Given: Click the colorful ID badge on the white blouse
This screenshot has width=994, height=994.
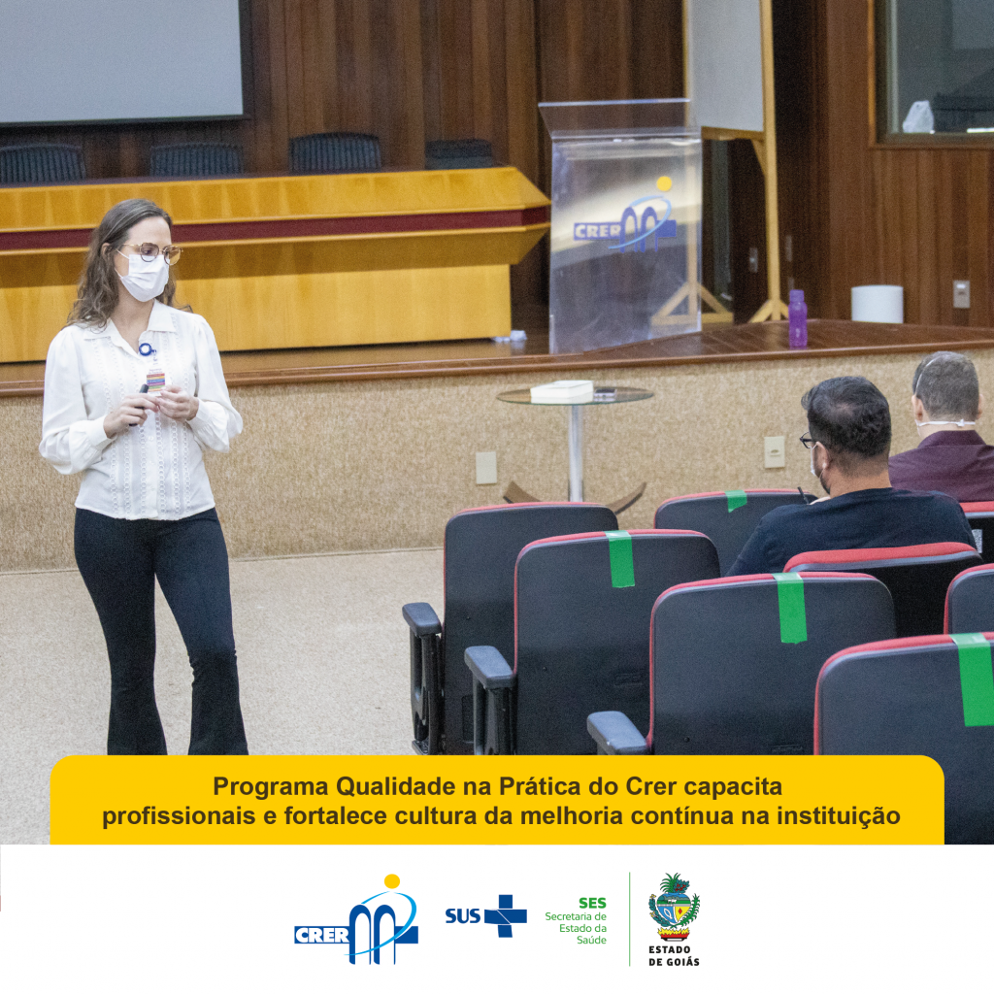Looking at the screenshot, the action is point(155,381).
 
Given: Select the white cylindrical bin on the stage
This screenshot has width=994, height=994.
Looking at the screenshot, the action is point(877,304).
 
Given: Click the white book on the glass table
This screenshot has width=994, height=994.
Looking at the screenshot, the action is point(562,391).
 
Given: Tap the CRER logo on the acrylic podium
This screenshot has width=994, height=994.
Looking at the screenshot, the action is point(624,219).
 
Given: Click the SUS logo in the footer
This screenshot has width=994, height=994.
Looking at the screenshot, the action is point(485,915).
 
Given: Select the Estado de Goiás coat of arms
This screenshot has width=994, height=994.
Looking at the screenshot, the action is point(674,907).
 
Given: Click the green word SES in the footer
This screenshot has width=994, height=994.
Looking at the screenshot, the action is point(592,903).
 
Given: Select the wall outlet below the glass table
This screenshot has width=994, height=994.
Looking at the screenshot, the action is point(486,468).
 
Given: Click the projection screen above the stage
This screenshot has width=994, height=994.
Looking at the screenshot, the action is point(120,60).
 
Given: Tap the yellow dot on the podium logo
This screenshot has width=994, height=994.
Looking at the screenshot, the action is point(664,183).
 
